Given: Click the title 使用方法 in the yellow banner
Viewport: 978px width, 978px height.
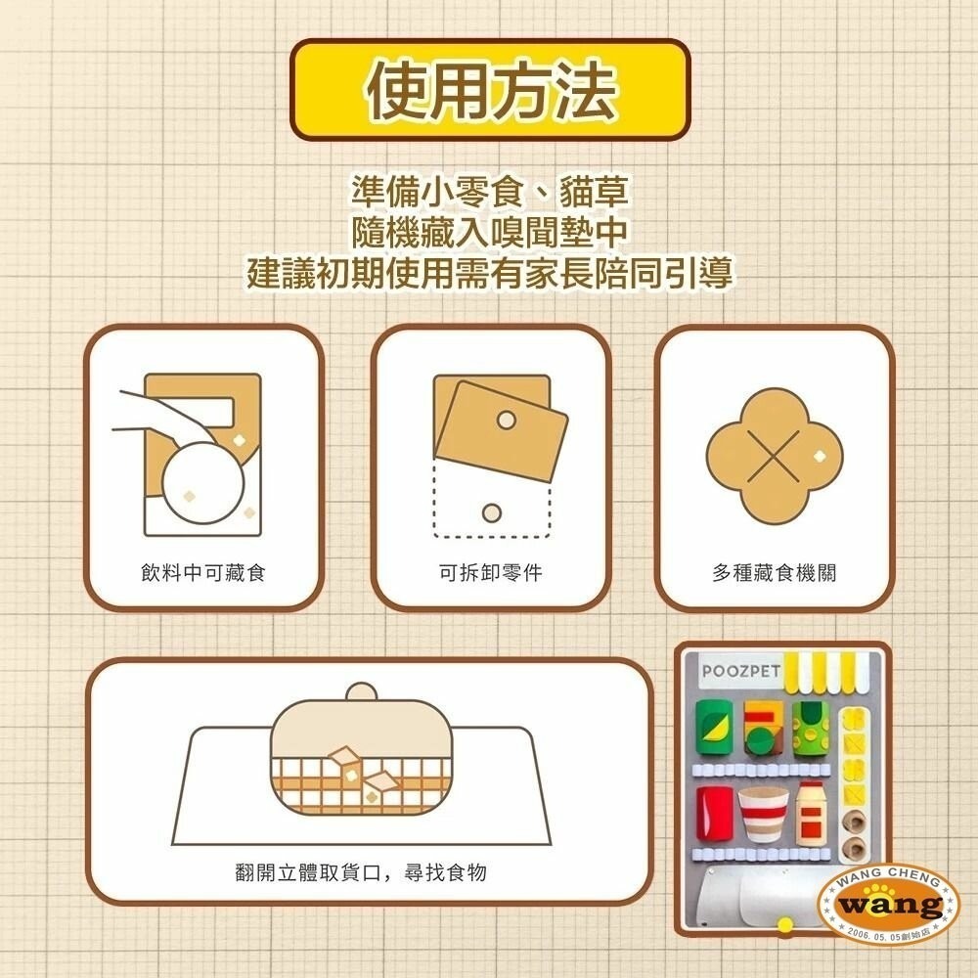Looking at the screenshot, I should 491,92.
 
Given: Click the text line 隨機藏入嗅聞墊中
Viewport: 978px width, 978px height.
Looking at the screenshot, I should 490,232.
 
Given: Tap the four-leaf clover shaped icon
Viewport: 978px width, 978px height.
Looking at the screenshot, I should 773,456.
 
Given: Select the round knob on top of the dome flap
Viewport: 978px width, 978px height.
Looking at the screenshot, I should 361,692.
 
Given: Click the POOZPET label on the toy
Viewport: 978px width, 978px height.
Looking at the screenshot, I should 741,672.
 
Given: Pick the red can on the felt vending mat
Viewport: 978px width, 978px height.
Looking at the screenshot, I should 714,816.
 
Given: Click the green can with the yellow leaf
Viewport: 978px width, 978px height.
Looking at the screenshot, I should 714,729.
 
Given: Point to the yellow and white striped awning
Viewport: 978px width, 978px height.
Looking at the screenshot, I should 833,668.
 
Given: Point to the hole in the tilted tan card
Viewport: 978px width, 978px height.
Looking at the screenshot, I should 506,420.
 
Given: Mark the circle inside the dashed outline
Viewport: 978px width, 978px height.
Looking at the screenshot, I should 492,512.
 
